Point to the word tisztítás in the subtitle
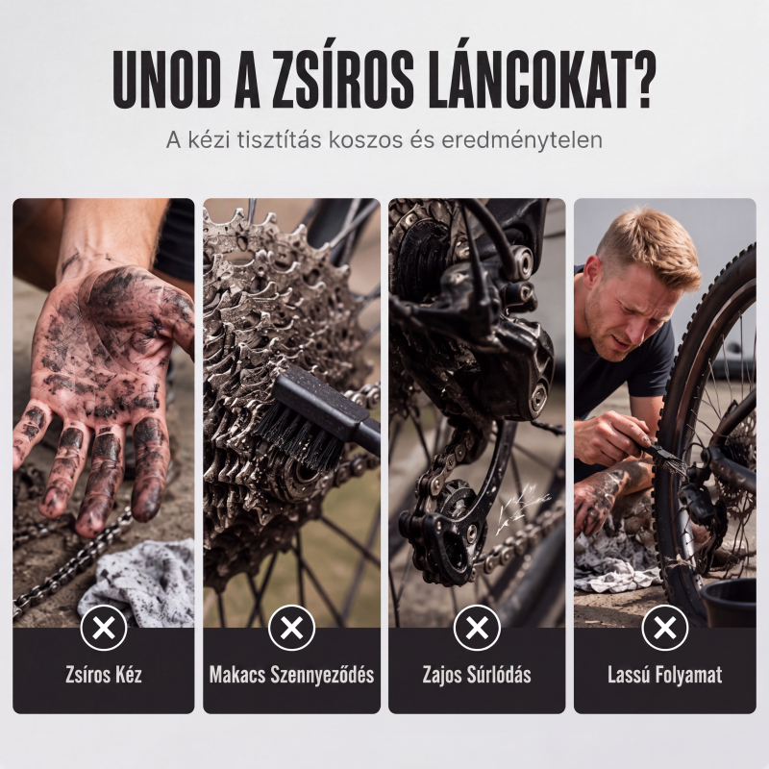[279, 139]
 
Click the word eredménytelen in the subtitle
[522, 140]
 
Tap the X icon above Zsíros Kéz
[104, 628]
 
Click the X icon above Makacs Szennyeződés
[292, 628]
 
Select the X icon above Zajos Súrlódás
[477, 628]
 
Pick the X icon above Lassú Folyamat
[664, 628]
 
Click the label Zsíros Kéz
[104, 675]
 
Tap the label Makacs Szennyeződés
[292, 676]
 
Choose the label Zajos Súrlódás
[477, 675]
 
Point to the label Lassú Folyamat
[664, 676]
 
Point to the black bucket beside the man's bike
[730, 603]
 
